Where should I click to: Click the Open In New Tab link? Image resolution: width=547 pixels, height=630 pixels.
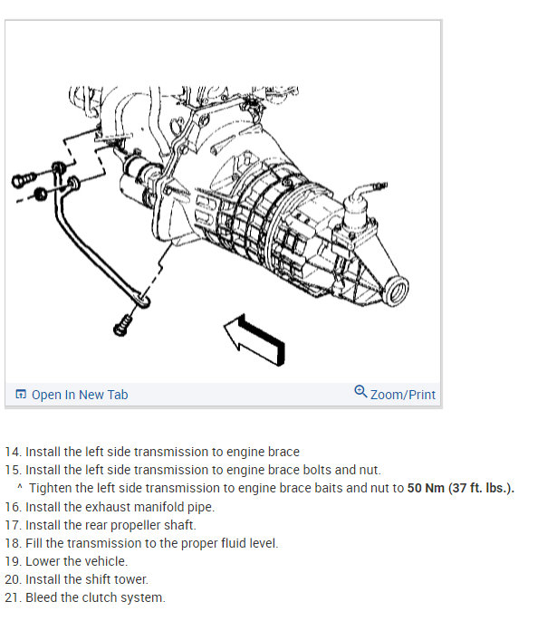79,395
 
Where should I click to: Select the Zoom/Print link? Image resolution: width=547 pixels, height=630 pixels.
402,395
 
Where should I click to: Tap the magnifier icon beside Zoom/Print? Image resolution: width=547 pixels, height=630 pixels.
360,393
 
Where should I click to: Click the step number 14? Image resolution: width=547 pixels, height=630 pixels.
13,452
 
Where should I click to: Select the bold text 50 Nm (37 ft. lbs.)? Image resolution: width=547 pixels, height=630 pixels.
461,488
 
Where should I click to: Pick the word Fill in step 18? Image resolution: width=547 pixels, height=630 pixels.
34,543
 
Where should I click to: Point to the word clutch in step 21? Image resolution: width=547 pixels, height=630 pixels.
101,597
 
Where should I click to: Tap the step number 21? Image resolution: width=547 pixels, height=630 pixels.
13,597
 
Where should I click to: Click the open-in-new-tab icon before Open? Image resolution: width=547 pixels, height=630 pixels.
21,395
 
